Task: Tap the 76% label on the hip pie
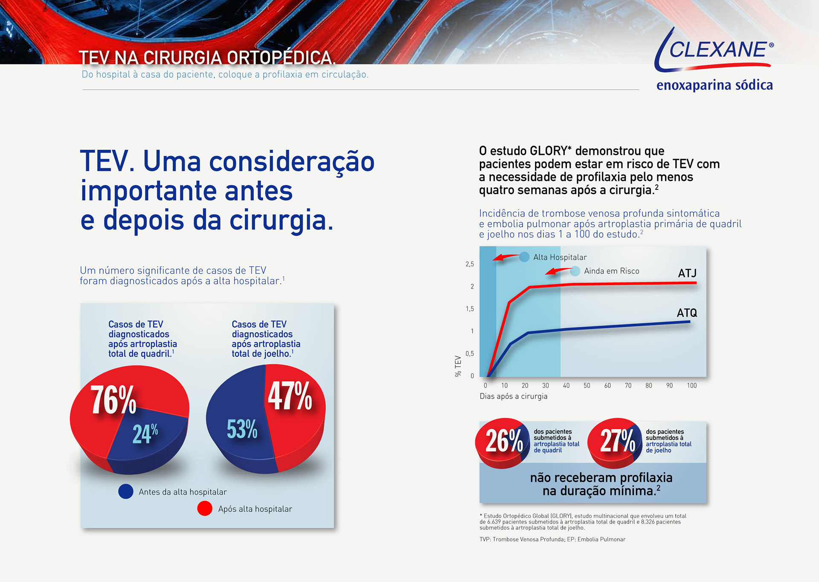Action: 113,400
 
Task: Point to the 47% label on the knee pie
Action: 290,396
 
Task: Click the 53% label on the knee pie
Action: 242,429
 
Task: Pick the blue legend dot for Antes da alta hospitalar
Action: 126,492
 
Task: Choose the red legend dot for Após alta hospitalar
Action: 205,509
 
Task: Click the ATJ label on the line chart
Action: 687,273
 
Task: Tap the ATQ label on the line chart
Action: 687,313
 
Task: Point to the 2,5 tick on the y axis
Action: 470,264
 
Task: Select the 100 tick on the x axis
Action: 691,386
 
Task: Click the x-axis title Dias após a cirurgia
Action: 513,396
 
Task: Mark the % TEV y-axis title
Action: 458,366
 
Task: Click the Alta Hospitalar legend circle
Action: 524,257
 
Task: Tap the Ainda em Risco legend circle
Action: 575,271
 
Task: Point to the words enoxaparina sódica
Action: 714,85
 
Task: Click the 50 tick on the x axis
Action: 587,386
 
